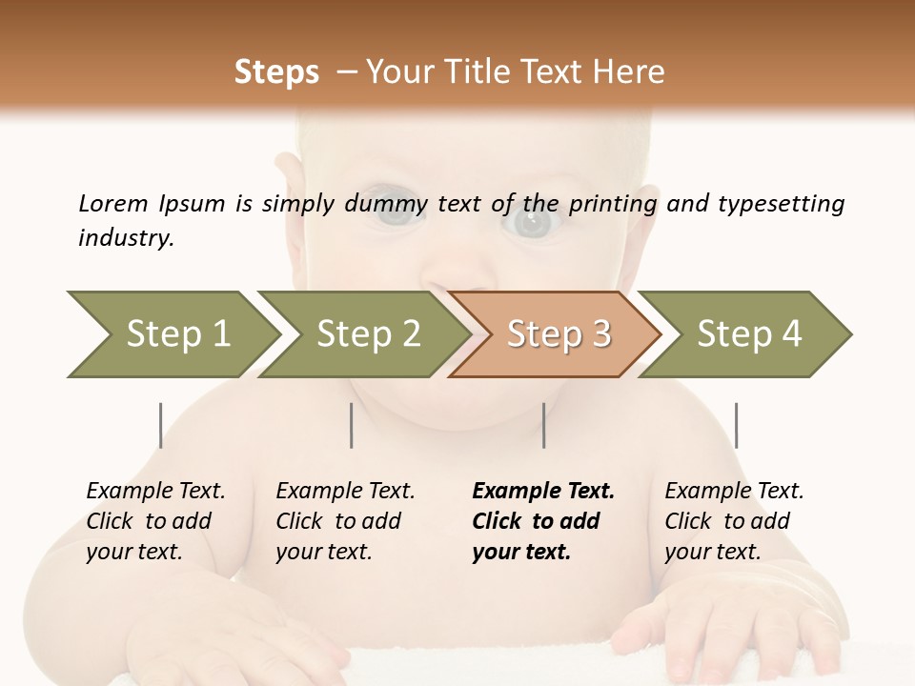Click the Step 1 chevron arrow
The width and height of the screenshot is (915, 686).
click(x=176, y=334)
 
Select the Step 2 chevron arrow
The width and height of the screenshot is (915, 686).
click(x=367, y=334)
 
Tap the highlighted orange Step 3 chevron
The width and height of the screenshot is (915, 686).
click(x=558, y=334)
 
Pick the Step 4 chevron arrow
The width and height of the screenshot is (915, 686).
click(x=748, y=334)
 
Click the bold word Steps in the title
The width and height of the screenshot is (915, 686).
click(x=276, y=72)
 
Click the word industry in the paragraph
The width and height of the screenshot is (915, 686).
click(x=126, y=238)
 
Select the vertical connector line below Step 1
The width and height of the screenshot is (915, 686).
click(x=161, y=425)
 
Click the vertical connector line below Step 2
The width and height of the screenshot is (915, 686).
click(x=352, y=425)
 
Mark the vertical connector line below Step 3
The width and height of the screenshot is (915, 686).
click(x=543, y=425)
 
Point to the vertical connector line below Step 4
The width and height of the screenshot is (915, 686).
click(x=736, y=425)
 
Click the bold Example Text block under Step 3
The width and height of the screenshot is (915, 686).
click(x=543, y=521)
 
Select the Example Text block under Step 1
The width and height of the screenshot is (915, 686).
click(x=155, y=521)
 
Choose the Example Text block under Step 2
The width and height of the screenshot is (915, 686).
click(x=345, y=521)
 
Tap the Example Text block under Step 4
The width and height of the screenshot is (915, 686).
click(x=734, y=521)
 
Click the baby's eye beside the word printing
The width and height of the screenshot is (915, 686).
click(x=532, y=223)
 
